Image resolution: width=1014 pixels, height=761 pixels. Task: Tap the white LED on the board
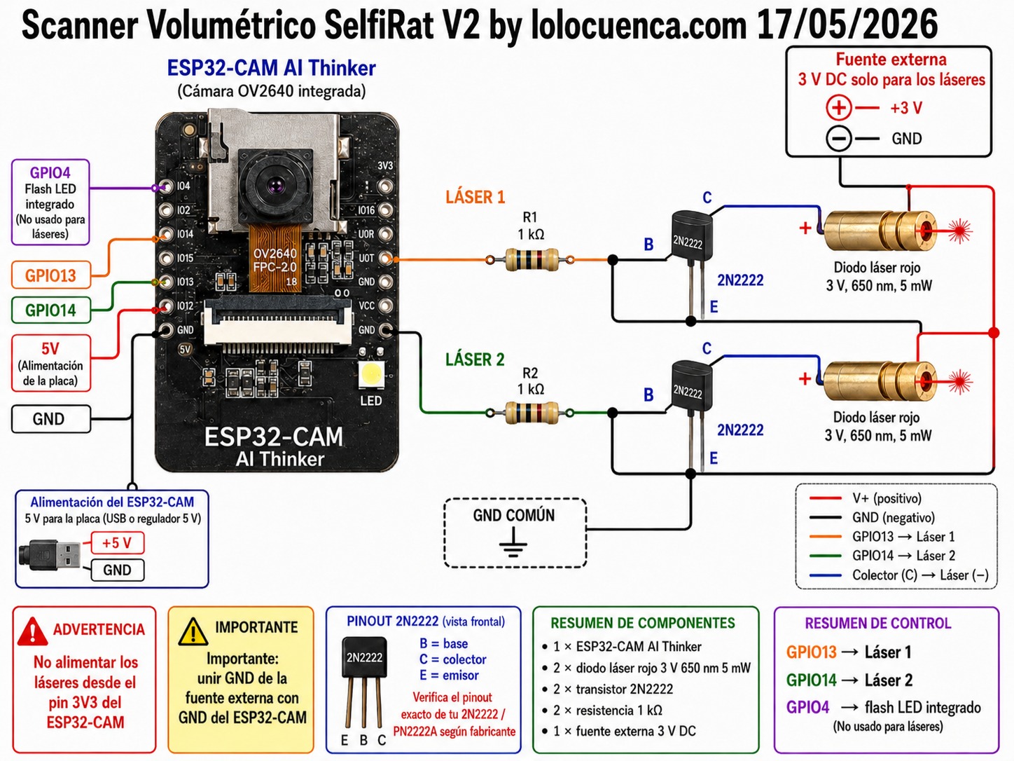[x=371, y=373]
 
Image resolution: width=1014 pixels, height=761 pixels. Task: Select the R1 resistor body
[x=531, y=260]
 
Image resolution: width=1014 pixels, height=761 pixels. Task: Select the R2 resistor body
[x=531, y=413]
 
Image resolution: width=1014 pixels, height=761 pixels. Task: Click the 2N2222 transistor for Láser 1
[x=690, y=238]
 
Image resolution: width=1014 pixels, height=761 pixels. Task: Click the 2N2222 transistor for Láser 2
[x=690, y=389]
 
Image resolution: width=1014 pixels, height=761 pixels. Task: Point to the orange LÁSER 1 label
[x=475, y=198]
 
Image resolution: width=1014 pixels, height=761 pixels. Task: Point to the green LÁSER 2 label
[x=475, y=359]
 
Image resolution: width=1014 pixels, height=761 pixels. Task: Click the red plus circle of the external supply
[x=839, y=108]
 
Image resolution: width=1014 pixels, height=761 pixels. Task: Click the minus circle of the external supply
[x=839, y=139]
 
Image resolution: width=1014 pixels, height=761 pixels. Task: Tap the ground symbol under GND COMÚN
[x=513, y=542]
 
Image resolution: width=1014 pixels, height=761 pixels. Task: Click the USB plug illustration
[x=50, y=555]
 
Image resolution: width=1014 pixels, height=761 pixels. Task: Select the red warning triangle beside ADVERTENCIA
[x=32, y=631]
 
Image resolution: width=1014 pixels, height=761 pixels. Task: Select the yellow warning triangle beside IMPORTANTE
[x=193, y=631]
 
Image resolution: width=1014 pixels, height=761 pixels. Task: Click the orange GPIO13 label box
[x=51, y=275]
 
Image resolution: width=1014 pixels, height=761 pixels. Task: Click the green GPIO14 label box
[x=51, y=310]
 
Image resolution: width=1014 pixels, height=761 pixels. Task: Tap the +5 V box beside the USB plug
[x=118, y=542]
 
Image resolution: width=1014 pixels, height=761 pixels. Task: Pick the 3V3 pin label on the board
[x=385, y=165]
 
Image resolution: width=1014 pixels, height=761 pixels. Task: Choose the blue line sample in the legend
[x=825, y=575]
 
